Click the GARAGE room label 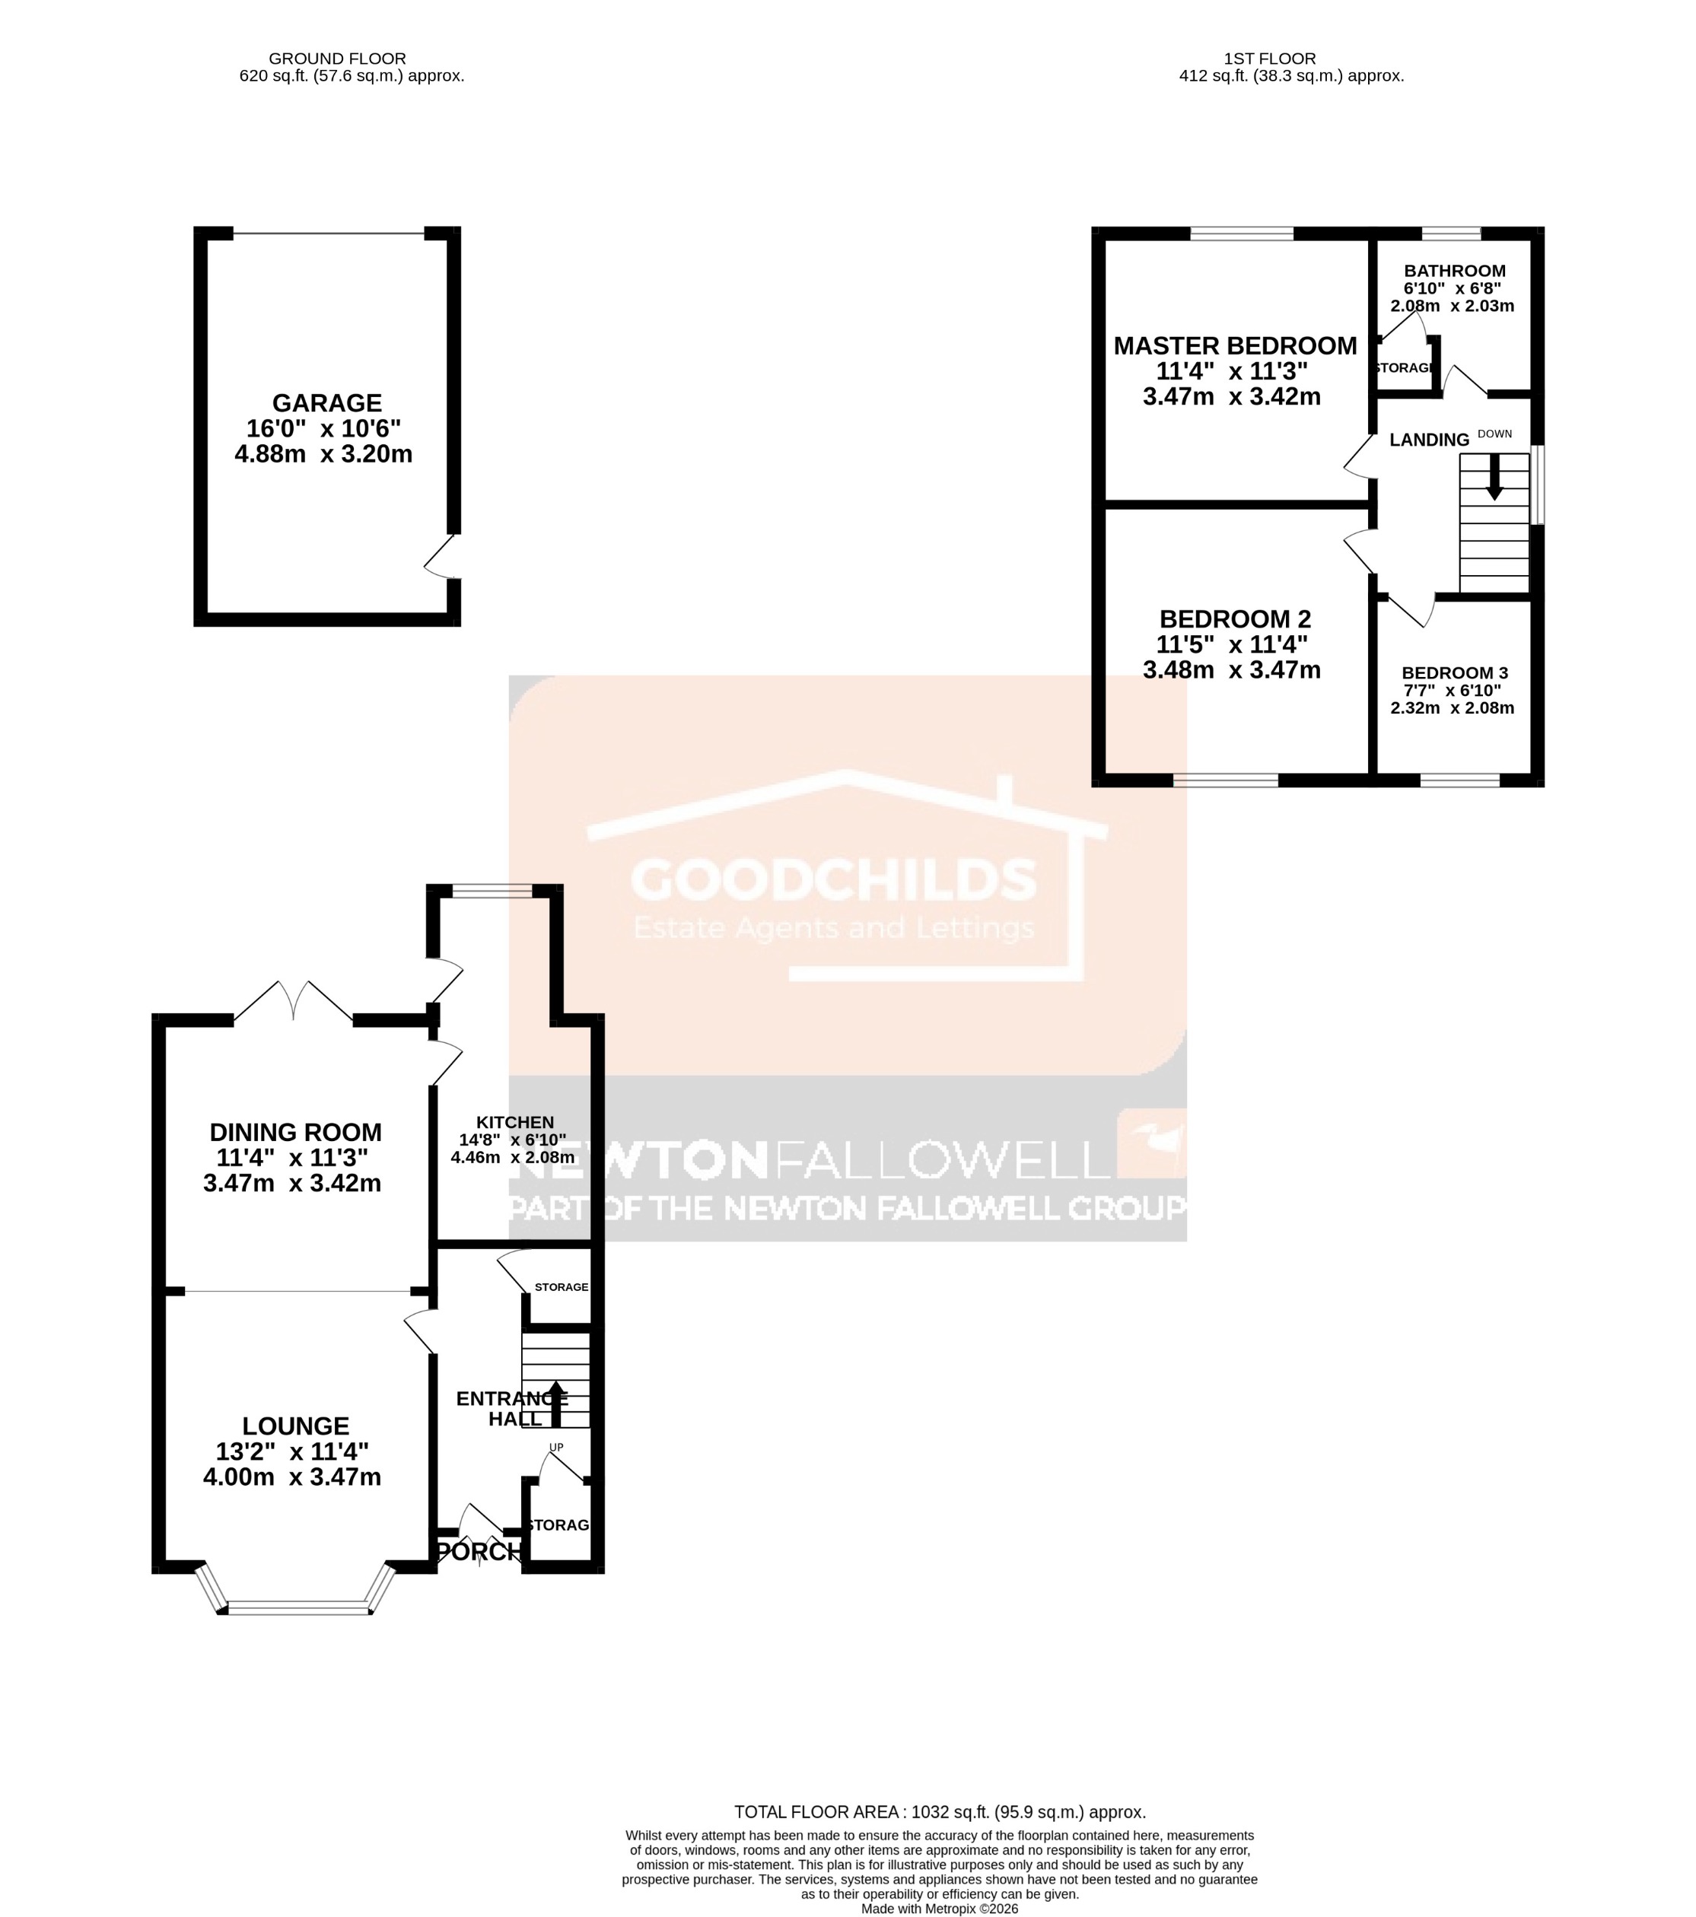click(x=326, y=403)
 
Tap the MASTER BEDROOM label click(x=1234, y=346)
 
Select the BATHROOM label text click(x=1454, y=271)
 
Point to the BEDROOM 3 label click(x=1454, y=672)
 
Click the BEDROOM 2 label click(x=1234, y=619)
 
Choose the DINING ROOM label click(x=295, y=1132)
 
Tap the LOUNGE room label click(x=295, y=1426)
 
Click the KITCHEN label click(x=515, y=1123)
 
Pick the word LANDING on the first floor click(x=1429, y=440)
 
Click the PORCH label click(x=479, y=1552)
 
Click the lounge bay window click(x=294, y=1607)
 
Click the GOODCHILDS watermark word click(x=833, y=879)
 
